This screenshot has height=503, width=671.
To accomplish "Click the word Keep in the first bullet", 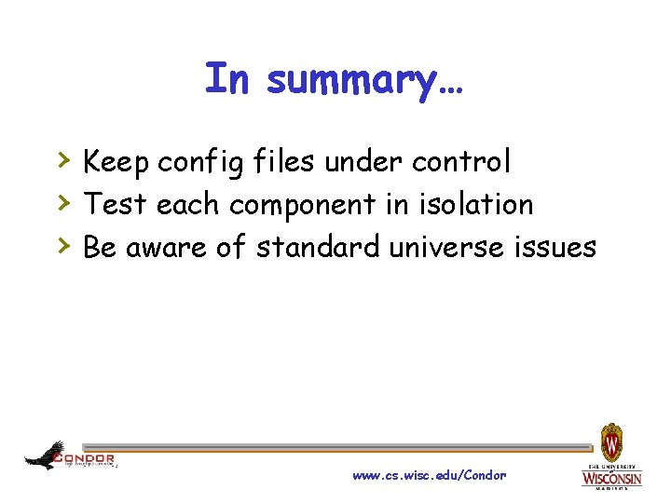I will point(116,162).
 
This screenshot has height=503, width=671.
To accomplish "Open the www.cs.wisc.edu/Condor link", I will point(429,476).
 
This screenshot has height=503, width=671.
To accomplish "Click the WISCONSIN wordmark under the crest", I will point(611,479).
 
